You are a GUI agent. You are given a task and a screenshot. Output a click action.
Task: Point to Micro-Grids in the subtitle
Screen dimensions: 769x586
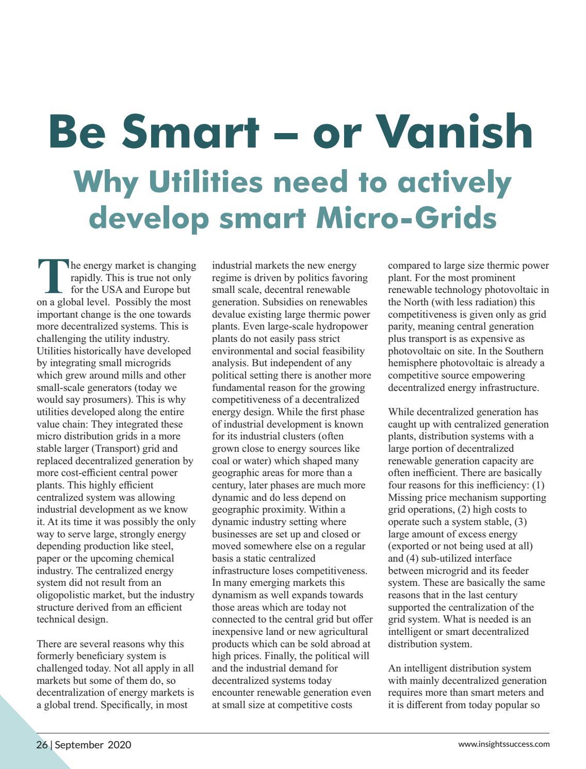(406, 217)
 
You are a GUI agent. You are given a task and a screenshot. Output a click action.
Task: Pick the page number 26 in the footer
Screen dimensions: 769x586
(42, 745)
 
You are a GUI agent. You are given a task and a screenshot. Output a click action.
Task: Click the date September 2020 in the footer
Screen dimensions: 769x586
(93, 745)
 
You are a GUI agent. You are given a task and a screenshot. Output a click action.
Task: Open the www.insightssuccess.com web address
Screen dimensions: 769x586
(503, 744)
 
